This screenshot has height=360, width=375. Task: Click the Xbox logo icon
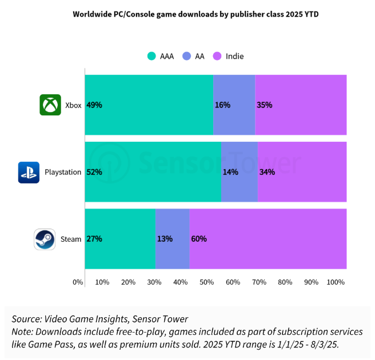pyautogui.click(x=50, y=105)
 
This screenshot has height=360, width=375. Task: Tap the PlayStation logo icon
pyautogui.click(x=29, y=172)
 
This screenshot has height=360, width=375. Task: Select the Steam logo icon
pyautogui.click(x=45, y=239)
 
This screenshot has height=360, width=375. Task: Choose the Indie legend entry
pyautogui.click(x=229, y=56)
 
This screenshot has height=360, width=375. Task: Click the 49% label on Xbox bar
pyautogui.click(x=94, y=105)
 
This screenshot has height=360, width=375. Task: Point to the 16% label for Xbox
pyautogui.click(x=222, y=105)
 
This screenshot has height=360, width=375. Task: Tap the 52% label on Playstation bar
pyautogui.click(x=94, y=172)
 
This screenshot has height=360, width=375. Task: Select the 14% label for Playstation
pyautogui.click(x=230, y=172)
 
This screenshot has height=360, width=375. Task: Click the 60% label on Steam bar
pyautogui.click(x=199, y=239)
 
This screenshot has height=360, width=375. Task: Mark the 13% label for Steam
pyautogui.click(x=165, y=239)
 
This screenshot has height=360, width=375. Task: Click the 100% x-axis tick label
pyautogui.click(x=336, y=282)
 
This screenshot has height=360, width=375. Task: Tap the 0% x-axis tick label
pyautogui.click(x=78, y=282)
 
